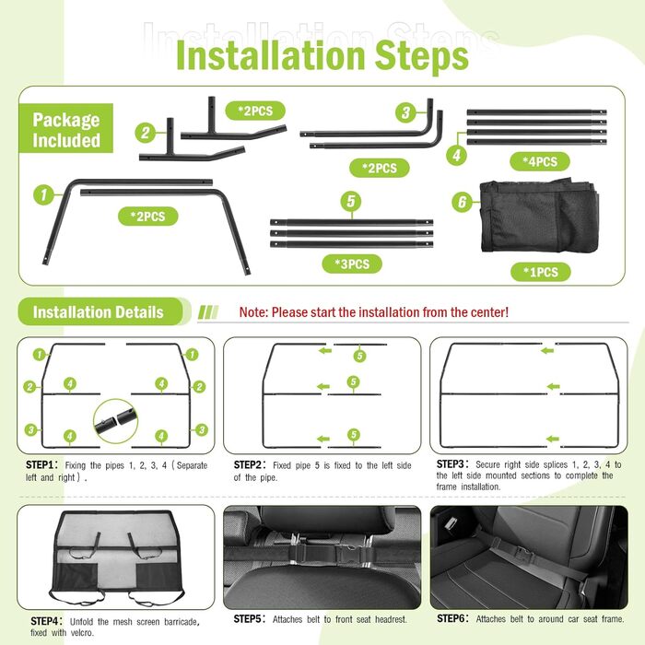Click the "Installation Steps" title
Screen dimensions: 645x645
[x=322, y=55]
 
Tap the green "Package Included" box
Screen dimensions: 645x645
[x=65, y=128]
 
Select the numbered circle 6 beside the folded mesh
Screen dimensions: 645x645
[x=462, y=202]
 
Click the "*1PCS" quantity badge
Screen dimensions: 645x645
[x=541, y=272]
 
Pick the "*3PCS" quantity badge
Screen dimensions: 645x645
[x=352, y=264]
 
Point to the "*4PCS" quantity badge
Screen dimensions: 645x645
[x=540, y=161]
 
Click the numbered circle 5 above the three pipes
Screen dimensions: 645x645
[x=351, y=201]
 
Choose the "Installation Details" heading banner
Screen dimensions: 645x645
[x=100, y=311]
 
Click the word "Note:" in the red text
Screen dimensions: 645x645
[x=253, y=312]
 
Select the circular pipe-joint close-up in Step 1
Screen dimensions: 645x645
[x=115, y=421]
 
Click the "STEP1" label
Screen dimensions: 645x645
[x=40, y=464]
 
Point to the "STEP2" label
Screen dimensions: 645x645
[x=248, y=464]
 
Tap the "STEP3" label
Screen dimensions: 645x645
[x=451, y=464]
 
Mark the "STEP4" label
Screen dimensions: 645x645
[x=44, y=621]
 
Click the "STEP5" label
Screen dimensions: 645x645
[x=248, y=618]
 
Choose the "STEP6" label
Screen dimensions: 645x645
[x=451, y=618]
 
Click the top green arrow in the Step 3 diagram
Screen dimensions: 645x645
[x=547, y=350]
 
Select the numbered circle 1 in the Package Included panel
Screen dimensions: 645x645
[x=43, y=194]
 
